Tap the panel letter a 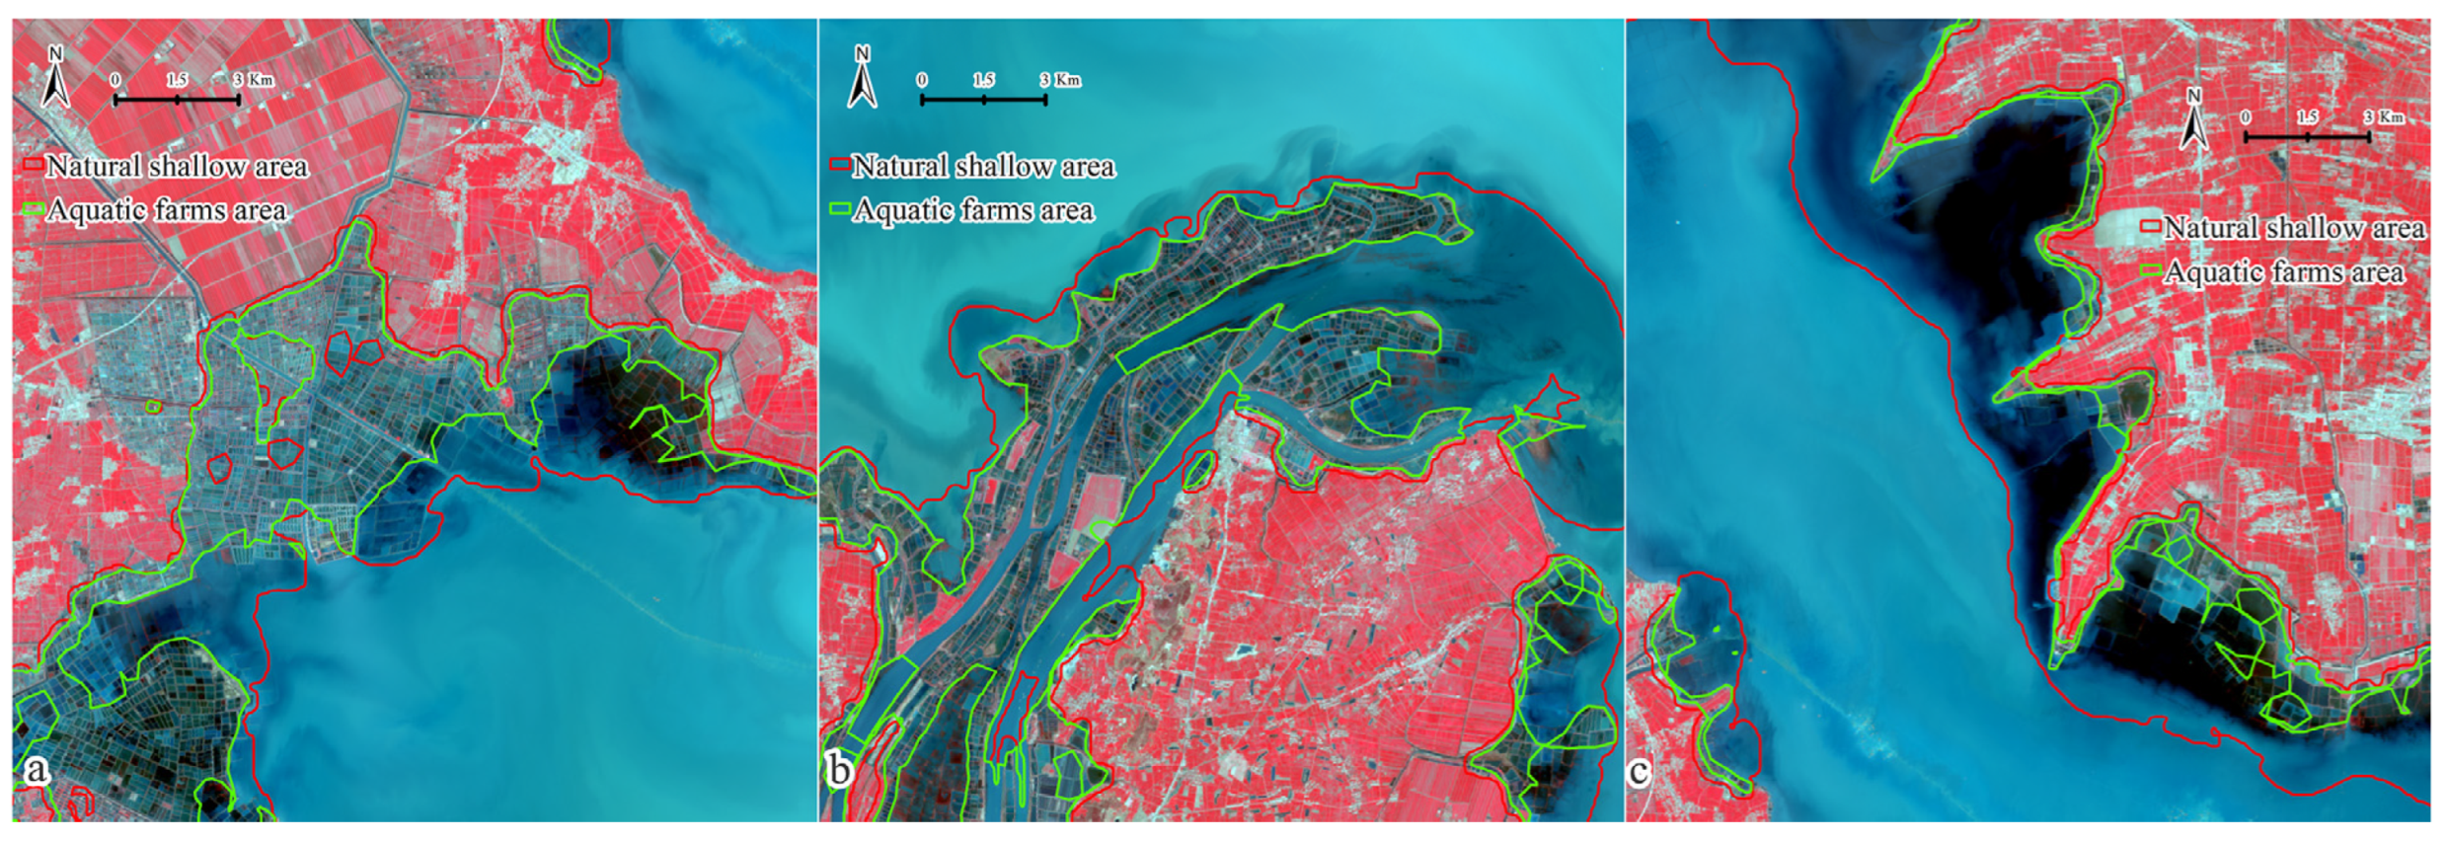tap(37, 769)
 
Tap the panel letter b tap(840, 769)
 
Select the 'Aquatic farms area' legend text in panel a tap(167, 209)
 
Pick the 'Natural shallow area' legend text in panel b tap(984, 166)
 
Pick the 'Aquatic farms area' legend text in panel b tap(974, 209)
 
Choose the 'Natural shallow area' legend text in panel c tap(2294, 228)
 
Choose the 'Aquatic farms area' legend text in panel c tap(2284, 271)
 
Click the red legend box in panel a tap(33, 164)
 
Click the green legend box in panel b tap(840, 208)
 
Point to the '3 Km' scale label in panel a tap(254, 79)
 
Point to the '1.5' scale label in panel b tap(983, 79)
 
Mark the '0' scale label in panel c tap(2247, 116)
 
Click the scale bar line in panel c tap(2308, 137)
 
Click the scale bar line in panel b tap(983, 100)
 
